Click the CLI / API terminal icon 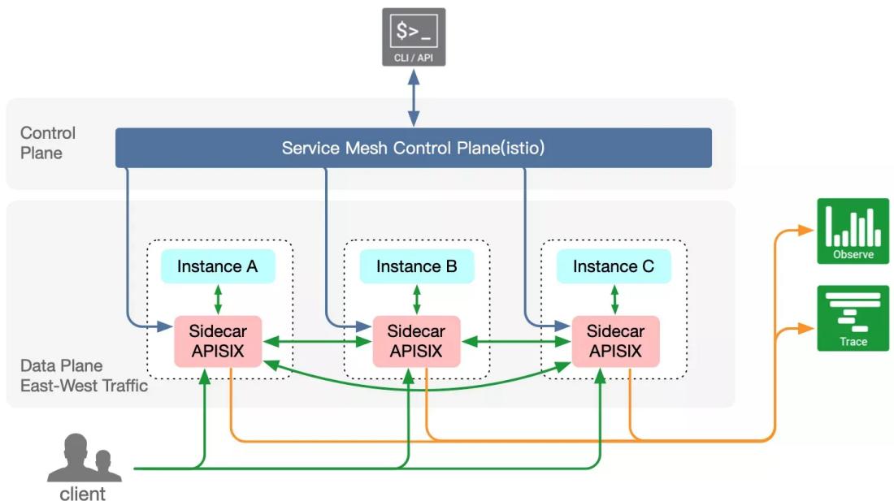[x=414, y=37]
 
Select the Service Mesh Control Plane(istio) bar [x=414, y=148]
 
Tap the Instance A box [x=218, y=266]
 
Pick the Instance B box [x=417, y=266]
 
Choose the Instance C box [x=614, y=266]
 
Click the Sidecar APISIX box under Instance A [x=218, y=341]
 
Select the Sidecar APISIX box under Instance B [x=416, y=341]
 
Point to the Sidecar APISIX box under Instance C [x=616, y=341]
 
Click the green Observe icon [x=853, y=231]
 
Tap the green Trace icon [x=853, y=317]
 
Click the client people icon [x=85, y=458]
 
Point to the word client [x=83, y=493]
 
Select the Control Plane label [x=48, y=143]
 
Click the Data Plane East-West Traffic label [x=84, y=376]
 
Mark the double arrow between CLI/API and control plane [x=414, y=97]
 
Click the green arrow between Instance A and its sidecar [x=218, y=300]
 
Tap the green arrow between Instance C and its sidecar [x=614, y=300]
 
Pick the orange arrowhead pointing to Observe [x=806, y=230]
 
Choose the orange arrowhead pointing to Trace [x=806, y=328]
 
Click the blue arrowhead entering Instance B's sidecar [x=364, y=326]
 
